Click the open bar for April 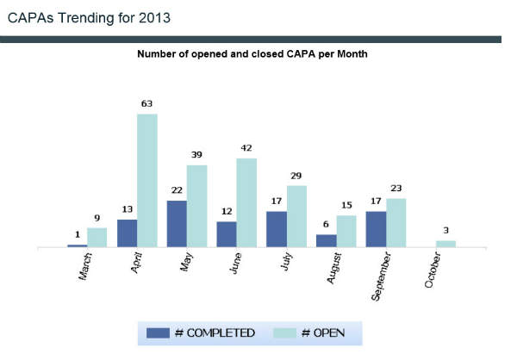pyautogui.click(x=146, y=181)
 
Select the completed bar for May pyautogui.click(x=177, y=224)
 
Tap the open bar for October pyautogui.click(x=445, y=244)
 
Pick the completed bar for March pyautogui.click(x=78, y=245)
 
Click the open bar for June pyautogui.click(x=246, y=202)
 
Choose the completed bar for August pyautogui.click(x=327, y=240)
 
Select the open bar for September pyautogui.click(x=396, y=222)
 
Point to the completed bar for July pyautogui.click(x=277, y=229)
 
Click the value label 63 pyautogui.click(x=146, y=104)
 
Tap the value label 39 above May pyautogui.click(x=196, y=155)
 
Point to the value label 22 pyautogui.click(x=177, y=191)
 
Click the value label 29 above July pyautogui.click(x=296, y=176)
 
